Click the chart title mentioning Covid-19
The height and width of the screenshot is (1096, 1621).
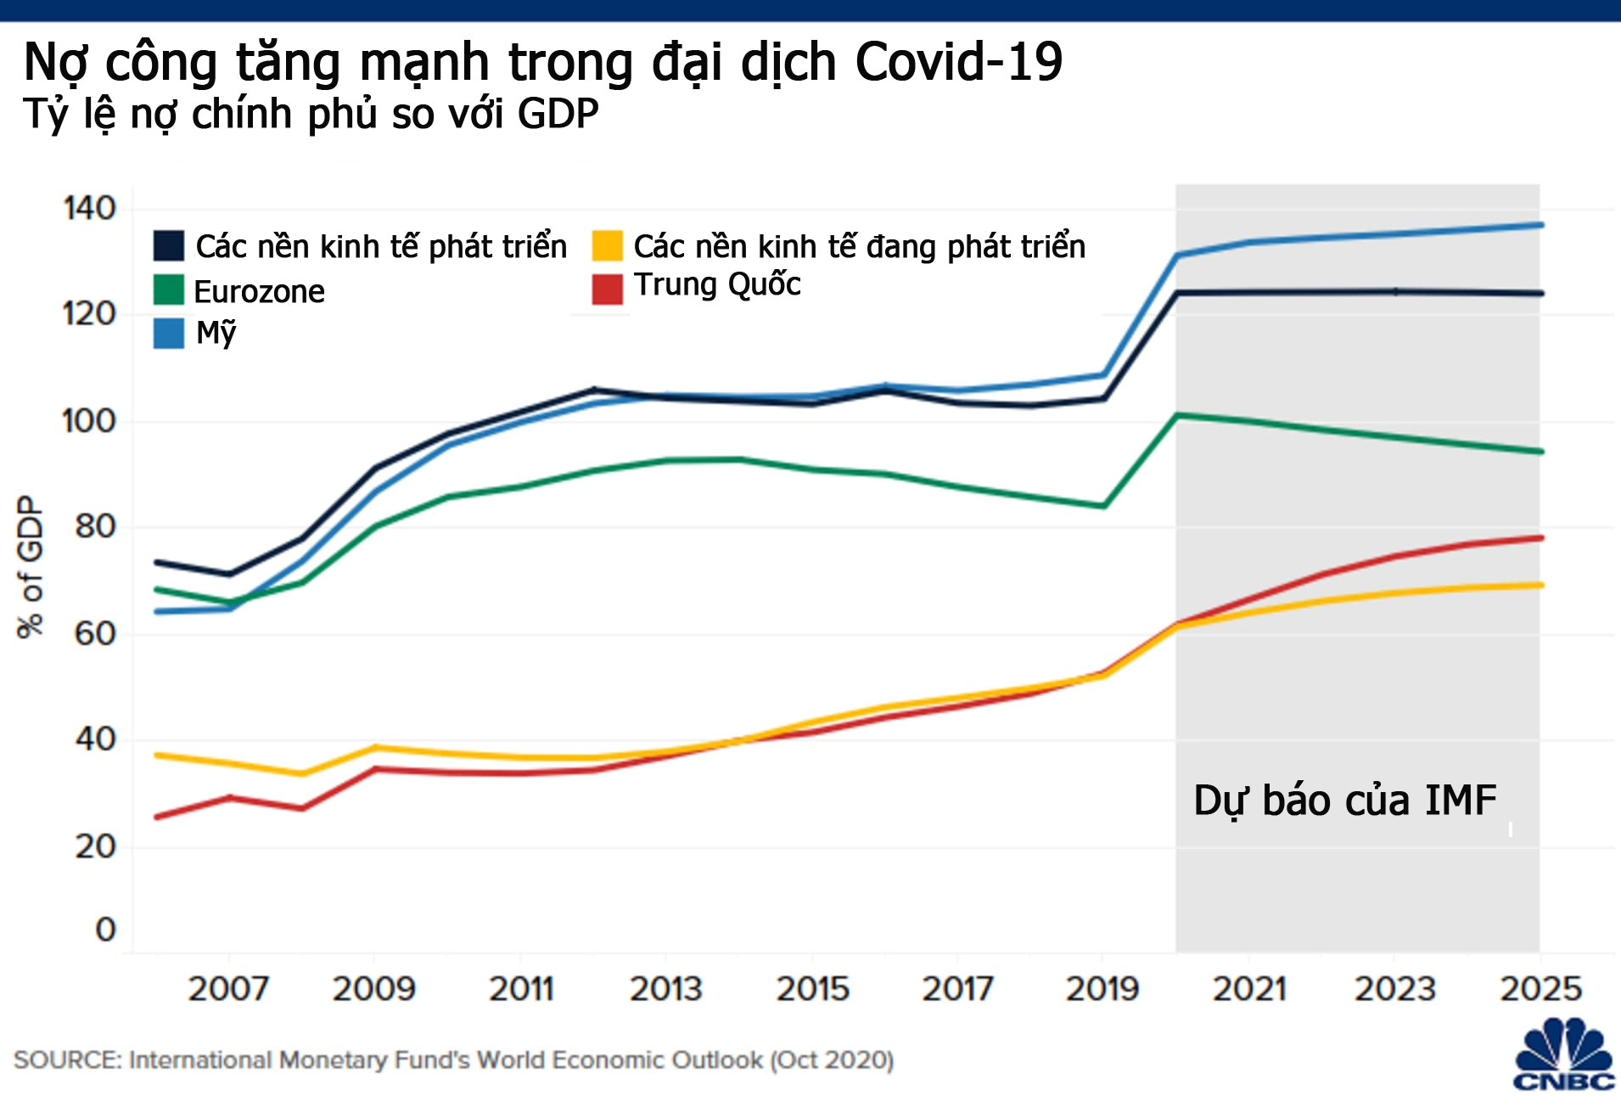[x=543, y=62]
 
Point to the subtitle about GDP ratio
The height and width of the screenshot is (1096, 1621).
[x=311, y=115]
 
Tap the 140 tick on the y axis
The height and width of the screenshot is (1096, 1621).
[x=89, y=208]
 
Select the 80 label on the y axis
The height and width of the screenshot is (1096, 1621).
[x=94, y=527]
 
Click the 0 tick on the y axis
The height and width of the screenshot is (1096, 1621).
[x=105, y=930]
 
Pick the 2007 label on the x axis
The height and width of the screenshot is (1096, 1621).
[x=228, y=989]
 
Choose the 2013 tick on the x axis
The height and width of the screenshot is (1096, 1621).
[x=666, y=989]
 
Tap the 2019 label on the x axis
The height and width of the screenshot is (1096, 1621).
[x=1102, y=989]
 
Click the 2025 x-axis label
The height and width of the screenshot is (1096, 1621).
[x=1540, y=989]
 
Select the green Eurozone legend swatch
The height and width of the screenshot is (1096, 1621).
[x=168, y=289]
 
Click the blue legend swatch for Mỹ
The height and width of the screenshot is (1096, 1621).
[x=168, y=333]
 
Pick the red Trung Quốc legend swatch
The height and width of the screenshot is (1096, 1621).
[x=607, y=289]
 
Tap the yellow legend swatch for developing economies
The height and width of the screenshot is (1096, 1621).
[x=607, y=245]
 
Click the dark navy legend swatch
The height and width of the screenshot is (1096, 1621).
[x=168, y=245]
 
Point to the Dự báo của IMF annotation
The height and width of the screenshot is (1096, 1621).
[x=1344, y=801]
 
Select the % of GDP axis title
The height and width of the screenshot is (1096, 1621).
[x=31, y=567]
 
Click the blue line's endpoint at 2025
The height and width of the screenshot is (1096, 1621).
[x=1540, y=225]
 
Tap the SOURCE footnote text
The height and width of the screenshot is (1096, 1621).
[x=453, y=1060]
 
